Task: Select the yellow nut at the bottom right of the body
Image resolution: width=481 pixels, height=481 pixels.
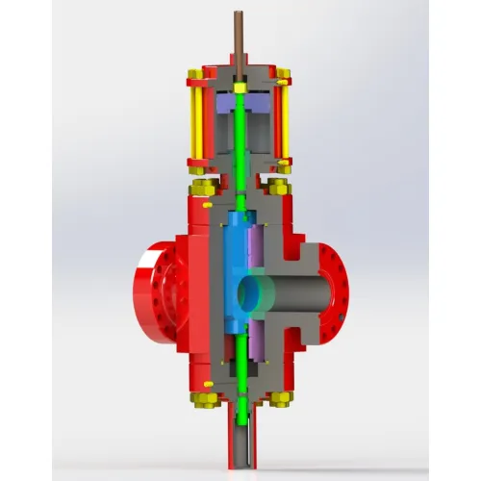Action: click(279, 395)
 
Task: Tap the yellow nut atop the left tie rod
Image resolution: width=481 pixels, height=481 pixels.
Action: click(195, 73)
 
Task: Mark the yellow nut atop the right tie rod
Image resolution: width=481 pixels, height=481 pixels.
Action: click(283, 73)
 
